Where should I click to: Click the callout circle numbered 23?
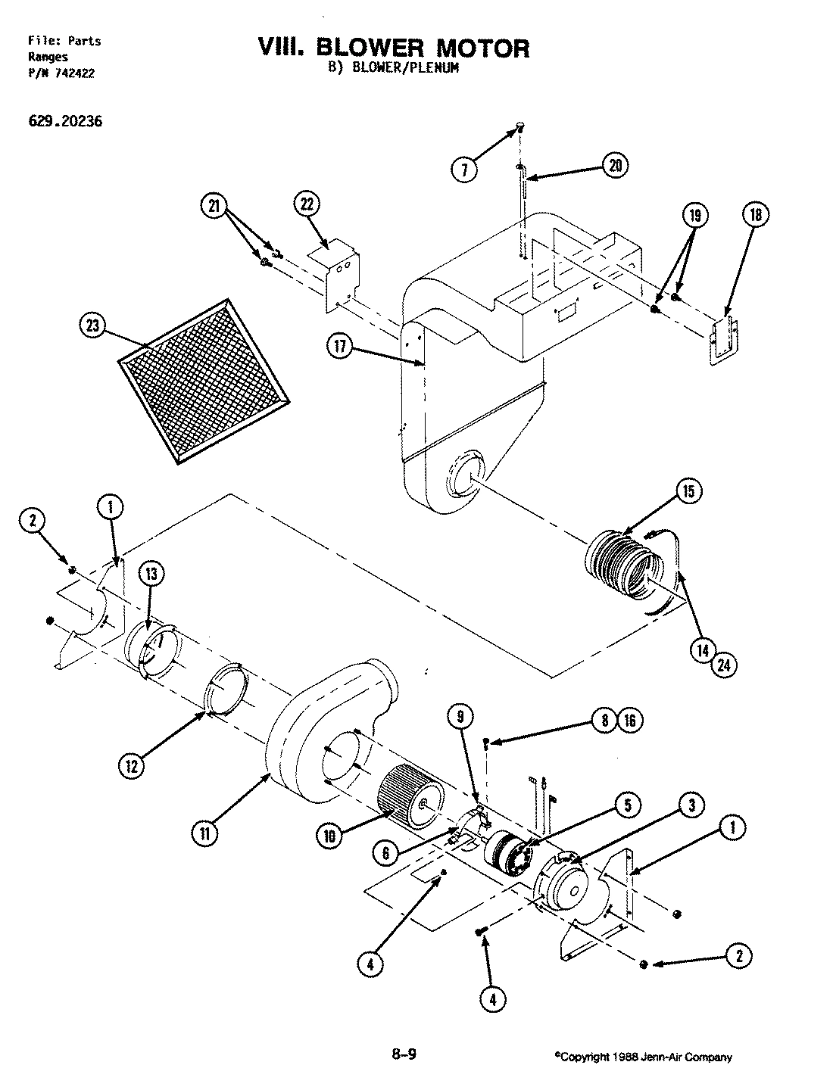coord(92,326)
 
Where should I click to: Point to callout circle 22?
coord(307,204)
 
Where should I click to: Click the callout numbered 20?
coord(616,165)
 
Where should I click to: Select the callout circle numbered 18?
coord(756,215)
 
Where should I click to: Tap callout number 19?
coord(695,216)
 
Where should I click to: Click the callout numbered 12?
coord(131,765)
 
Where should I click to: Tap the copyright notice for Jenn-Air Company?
coord(643,1057)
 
